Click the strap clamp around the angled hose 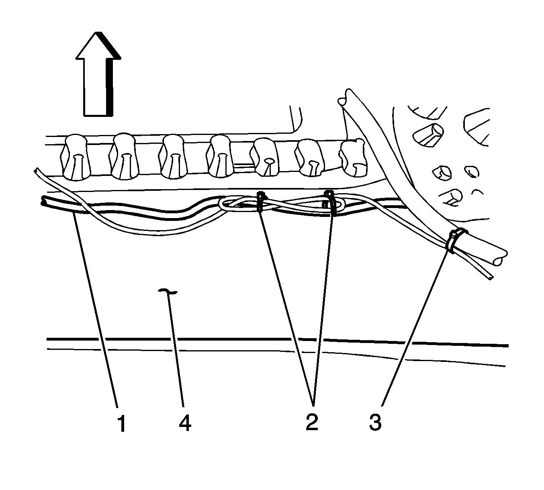(456, 240)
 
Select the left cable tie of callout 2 (260, 201)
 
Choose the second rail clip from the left (124, 157)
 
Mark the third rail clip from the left (173, 157)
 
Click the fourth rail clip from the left (221, 156)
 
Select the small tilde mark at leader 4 (168, 292)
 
